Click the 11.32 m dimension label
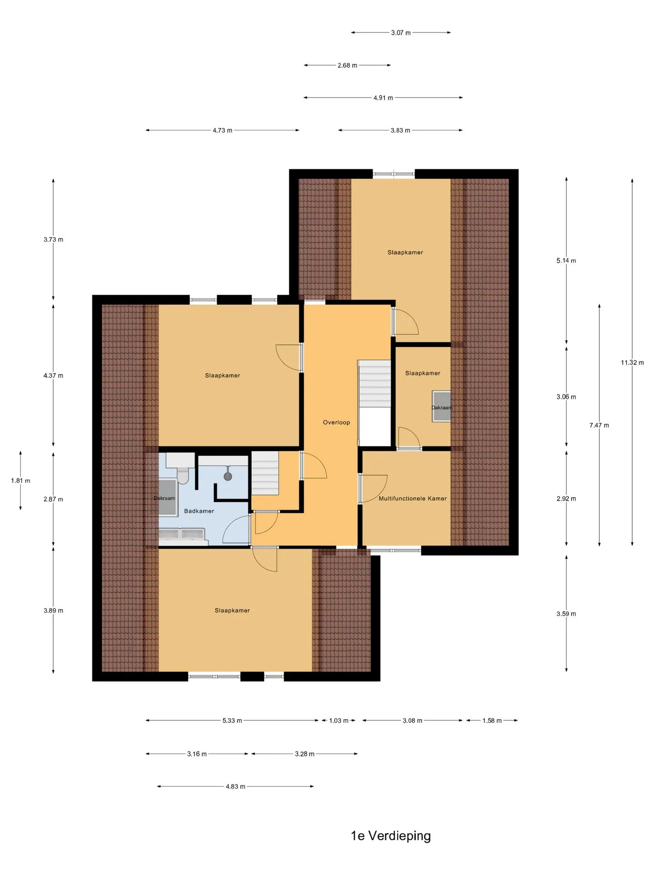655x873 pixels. click(x=632, y=363)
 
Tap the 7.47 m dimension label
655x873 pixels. click(x=599, y=426)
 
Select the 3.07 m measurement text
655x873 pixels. click(x=401, y=33)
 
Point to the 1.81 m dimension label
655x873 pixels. click(x=20, y=481)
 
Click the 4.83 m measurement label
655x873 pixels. click(x=235, y=787)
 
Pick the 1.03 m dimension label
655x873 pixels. click(x=338, y=721)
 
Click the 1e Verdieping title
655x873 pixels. click(x=391, y=836)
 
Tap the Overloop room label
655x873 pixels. click(x=337, y=422)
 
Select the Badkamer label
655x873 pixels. click(x=199, y=511)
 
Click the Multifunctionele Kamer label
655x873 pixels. click(x=413, y=499)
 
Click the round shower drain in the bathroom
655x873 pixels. click(x=228, y=477)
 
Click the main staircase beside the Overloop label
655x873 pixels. click(x=374, y=384)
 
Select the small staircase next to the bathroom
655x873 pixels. click(x=265, y=473)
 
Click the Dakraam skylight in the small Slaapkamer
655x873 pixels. click(x=442, y=406)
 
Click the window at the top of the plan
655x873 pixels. click(x=394, y=173)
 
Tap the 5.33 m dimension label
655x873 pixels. click(x=232, y=721)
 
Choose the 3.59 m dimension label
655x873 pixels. click(x=566, y=614)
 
